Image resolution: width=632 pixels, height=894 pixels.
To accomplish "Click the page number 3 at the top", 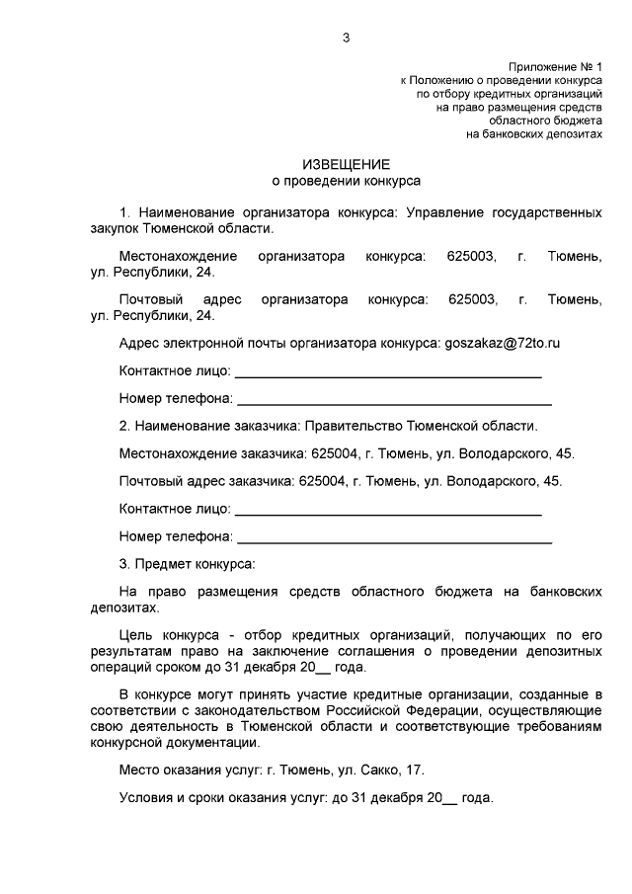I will click(345, 38).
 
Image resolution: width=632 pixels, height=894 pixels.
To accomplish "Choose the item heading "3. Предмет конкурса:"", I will click(187, 564).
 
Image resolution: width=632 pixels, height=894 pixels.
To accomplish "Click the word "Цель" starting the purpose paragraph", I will click(134, 631).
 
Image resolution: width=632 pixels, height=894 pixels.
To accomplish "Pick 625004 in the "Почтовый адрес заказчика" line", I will click(322, 481).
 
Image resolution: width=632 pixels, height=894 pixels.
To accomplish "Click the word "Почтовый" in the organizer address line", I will click(149, 299).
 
